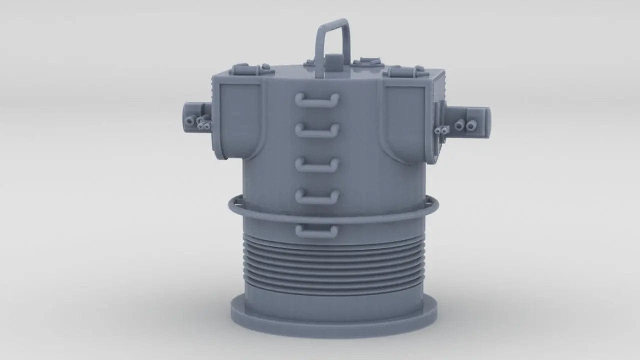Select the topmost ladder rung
[x=317, y=99]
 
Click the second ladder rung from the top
[x=317, y=130]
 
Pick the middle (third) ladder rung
[x=317, y=163]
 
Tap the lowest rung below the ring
[x=316, y=230]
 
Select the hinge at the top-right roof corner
[x=405, y=72]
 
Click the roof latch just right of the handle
[x=368, y=63]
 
